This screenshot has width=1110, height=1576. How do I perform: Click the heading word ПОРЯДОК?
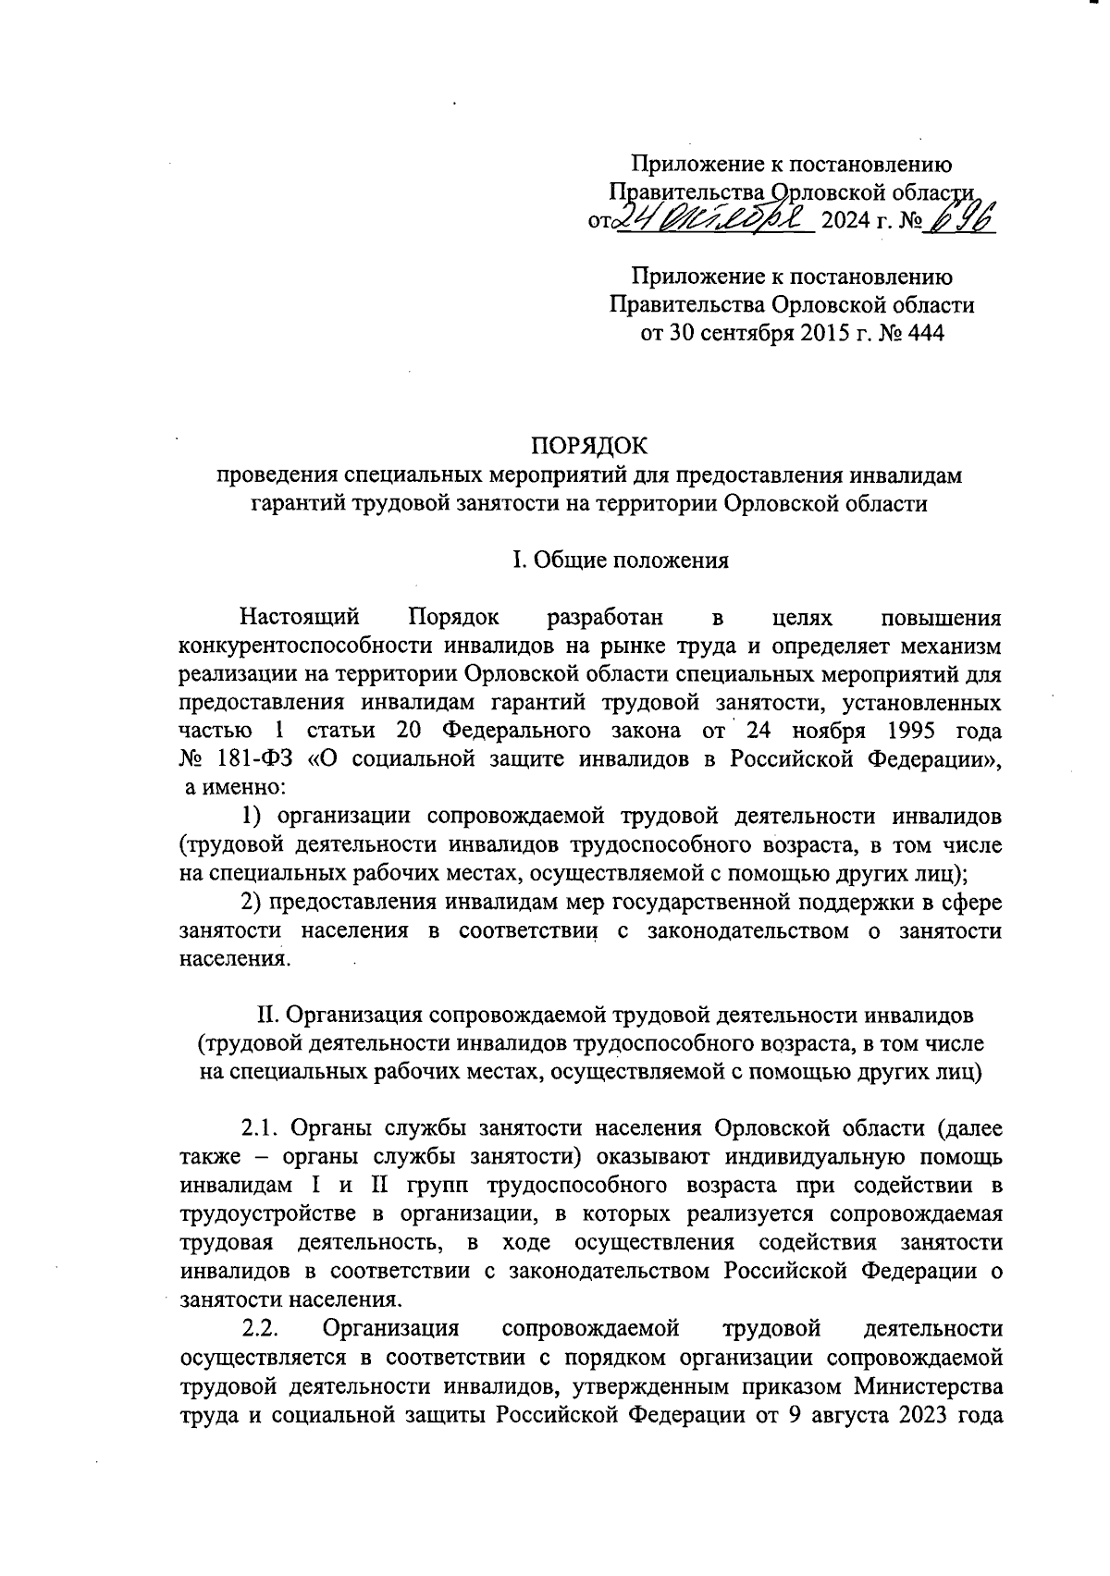[x=590, y=447]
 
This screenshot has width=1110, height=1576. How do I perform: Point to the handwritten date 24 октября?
[x=713, y=219]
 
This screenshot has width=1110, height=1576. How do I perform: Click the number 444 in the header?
[x=926, y=333]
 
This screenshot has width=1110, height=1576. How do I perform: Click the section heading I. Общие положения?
[x=621, y=560]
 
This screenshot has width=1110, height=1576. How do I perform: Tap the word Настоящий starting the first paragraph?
[x=299, y=616]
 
